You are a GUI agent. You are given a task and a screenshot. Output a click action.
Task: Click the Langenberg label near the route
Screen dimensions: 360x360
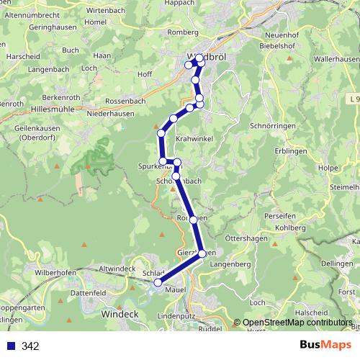pos(230,265)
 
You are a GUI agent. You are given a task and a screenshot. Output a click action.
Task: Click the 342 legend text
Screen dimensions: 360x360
pos(31,346)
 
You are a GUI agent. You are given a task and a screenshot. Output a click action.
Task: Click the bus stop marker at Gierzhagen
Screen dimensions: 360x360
pos(202,253)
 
